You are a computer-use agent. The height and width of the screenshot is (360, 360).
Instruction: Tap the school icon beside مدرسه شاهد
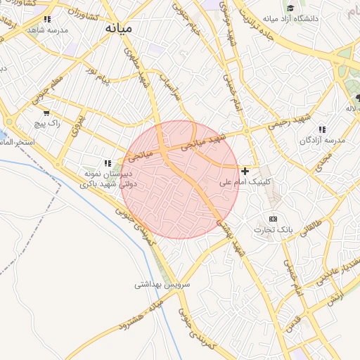(48, 20)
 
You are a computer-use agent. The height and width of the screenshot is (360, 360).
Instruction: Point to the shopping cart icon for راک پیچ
(46, 112)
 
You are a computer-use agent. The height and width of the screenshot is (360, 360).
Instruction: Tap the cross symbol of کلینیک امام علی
(245, 171)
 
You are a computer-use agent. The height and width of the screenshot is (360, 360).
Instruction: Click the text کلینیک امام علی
(245, 182)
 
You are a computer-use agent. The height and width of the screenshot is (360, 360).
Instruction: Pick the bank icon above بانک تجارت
(273, 219)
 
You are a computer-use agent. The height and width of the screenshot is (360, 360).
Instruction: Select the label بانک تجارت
(273, 230)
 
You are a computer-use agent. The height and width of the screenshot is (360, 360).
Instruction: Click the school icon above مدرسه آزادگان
(322, 129)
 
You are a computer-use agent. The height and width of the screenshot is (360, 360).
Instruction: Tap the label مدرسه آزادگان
(323, 141)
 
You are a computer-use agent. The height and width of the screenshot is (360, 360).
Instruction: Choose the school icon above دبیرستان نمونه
(108, 162)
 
